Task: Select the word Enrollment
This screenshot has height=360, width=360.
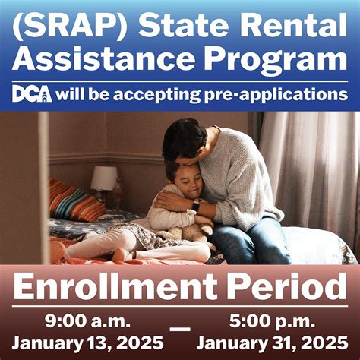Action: click(x=114, y=289)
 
